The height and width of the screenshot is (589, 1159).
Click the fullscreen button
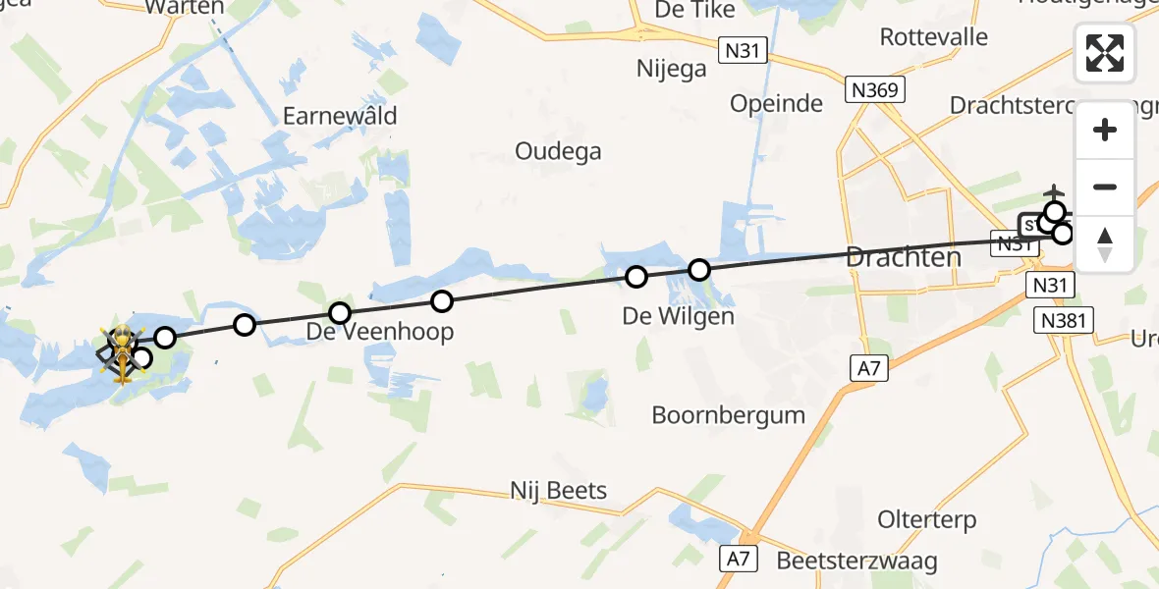click(x=1105, y=53)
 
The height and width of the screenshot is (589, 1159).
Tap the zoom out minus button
click(x=1105, y=187)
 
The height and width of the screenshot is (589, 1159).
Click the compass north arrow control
click(x=1105, y=243)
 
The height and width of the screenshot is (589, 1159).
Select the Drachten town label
click(x=903, y=258)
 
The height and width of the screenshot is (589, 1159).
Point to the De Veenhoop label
click(x=380, y=332)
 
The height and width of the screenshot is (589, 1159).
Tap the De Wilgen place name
click(x=678, y=317)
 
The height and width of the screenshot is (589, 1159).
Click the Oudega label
click(x=558, y=151)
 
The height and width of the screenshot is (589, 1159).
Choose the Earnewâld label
click(x=340, y=116)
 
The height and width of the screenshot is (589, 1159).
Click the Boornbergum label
click(x=728, y=414)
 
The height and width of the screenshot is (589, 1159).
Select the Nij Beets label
click(x=558, y=490)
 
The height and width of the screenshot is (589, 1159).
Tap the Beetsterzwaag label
click(x=856, y=562)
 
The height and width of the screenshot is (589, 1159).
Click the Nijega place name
click(x=672, y=69)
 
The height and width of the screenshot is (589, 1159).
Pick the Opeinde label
click(x=776, y=103)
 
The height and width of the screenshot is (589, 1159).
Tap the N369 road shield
click(x=873, y=90)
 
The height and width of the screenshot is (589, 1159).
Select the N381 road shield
click(x=1065, y=321)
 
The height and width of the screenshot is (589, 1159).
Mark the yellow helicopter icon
click(x=122, y=351)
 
